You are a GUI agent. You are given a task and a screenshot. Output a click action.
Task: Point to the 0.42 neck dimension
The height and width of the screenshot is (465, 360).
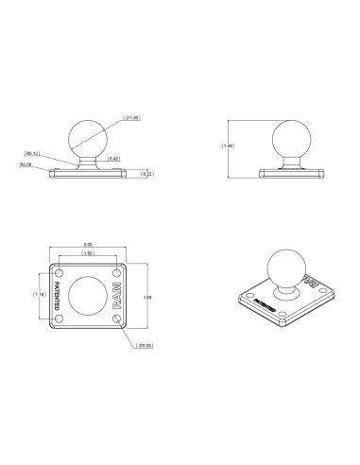tap(113, 158)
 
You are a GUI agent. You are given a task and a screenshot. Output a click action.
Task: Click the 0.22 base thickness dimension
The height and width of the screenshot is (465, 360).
tap(146, 173)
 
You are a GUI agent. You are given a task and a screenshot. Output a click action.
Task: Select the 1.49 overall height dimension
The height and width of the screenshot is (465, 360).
tap(227, 145)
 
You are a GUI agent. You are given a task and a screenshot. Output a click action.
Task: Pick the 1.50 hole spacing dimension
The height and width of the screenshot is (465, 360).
tap(86, 253)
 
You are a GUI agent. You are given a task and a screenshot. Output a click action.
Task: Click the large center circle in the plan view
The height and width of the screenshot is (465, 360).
tap(86, 298)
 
